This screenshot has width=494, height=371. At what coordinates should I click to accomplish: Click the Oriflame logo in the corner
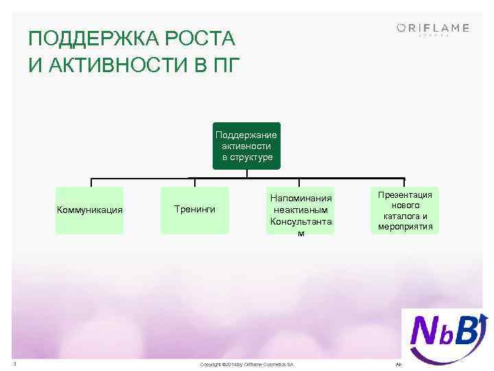(433, 29)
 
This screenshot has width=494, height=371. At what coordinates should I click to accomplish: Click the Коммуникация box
(90, 210)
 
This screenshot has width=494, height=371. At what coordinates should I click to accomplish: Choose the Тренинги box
(195, 209)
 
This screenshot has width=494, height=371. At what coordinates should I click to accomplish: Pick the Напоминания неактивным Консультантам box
(301, 210)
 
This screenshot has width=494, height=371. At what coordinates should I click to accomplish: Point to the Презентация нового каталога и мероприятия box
(405, 210)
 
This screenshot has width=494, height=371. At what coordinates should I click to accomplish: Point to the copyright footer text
(246, 363)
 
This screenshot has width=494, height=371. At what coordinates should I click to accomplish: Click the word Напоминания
(301, 198)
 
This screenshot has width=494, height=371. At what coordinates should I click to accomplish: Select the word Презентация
(405, 195)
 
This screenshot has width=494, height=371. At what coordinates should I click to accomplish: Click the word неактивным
(301, 210)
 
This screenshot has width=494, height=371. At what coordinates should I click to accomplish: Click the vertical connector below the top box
(246, 175)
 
